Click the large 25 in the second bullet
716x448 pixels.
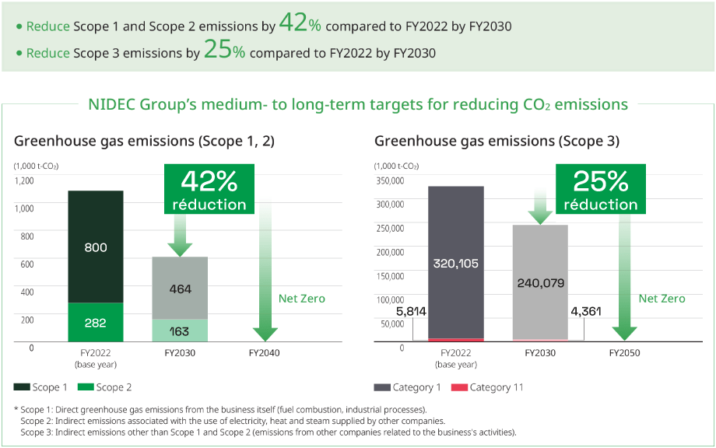[x=217, y=51]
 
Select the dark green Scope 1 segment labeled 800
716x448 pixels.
[x=95, y=247]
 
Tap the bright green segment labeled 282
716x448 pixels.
[x=95, y=322]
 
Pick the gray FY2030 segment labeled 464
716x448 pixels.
[x=179, y=289]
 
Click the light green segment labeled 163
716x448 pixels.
[x=179, y=331]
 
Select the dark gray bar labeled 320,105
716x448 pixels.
[x=455, y=263]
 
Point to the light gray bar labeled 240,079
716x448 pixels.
[x=539, y=282]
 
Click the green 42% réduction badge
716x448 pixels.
[x=209, y=190]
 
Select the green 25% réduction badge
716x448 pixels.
[x=600, y=190]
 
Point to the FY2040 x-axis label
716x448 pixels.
[x=265, y=352]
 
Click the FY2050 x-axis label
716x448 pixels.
[x=624, y=352]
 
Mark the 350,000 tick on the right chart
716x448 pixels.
[x=390, y=180]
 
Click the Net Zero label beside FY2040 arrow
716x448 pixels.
[x=301, y=299]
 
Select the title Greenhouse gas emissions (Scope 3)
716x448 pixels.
[x=497, y=141]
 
